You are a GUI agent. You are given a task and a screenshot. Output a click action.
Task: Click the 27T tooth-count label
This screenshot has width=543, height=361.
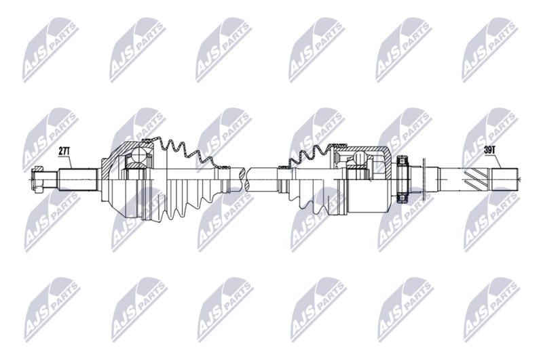click(64, 151)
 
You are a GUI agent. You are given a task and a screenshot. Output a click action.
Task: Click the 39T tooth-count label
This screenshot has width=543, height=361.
click(489, 151)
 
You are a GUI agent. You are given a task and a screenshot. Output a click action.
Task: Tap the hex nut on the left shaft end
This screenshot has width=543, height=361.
click(37, 179)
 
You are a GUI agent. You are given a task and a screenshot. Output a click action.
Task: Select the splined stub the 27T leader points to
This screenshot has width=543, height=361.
click(77, 179)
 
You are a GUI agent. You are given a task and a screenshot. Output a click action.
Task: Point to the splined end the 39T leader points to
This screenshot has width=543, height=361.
click(505, 179)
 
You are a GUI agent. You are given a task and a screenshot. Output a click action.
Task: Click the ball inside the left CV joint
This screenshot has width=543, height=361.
click(141, 155)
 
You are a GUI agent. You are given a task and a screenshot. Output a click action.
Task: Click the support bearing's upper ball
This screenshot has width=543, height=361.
click(403, 161)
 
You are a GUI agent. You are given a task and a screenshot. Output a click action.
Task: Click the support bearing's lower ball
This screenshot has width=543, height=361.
click(403, 198)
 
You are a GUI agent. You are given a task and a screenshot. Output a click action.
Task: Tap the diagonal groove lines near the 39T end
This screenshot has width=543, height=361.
click(476, 179)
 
